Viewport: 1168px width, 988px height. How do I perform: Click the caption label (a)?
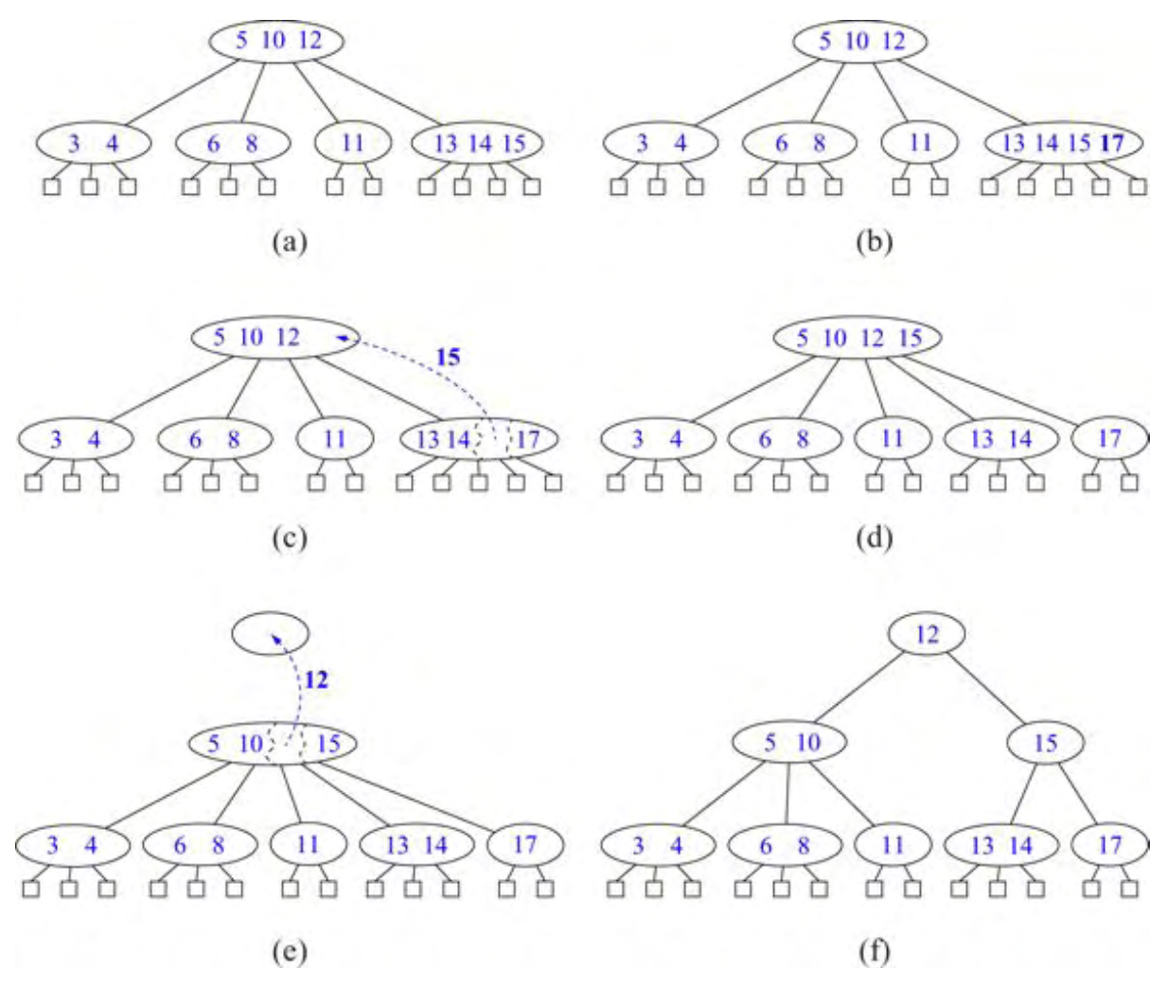tap(289, 243)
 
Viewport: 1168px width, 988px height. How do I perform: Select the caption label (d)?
tap(873, 538)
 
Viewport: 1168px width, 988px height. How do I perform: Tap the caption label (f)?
tap(873, 951)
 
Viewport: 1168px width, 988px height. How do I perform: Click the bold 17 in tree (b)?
tap(1113, 144)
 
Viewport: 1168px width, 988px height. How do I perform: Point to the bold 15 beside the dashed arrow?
tap(448, 358)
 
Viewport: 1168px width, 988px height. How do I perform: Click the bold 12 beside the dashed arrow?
tap(316, 679)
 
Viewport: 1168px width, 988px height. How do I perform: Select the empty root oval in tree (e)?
tap(270, 633)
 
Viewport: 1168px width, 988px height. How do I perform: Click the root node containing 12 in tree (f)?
tap(927, 634)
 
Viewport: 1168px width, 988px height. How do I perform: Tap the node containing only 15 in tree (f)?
tap(1045, 743)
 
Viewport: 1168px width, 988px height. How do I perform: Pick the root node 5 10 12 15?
tap(857, 338)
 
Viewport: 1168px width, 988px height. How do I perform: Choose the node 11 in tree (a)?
tap(352, 144)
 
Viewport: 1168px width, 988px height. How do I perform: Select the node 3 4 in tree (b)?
tap(661, 144)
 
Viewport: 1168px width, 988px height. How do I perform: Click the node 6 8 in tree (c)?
tap(214, 439)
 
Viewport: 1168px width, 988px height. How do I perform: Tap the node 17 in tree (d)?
tap(1109, 439)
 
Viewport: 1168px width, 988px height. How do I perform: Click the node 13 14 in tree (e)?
tap(416, 845)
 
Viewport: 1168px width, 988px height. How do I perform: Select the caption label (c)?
tap(289, 538)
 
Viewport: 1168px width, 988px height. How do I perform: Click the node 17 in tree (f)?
tap(1109, 844)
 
